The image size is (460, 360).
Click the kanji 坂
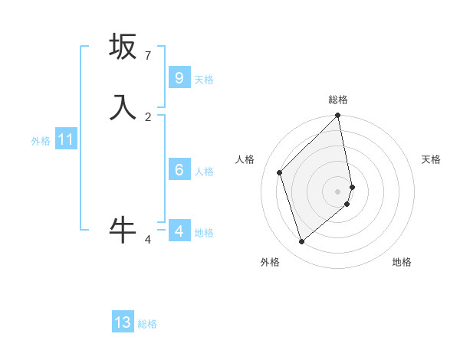123,47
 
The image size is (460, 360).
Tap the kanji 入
123,108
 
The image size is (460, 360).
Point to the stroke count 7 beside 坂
147,55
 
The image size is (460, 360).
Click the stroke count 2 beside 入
147,116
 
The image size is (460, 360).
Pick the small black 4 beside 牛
148,240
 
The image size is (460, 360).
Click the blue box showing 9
179,78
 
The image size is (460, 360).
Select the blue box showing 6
179,170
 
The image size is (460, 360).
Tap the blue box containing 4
179,231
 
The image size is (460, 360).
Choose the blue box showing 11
66,139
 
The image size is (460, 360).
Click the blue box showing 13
123,322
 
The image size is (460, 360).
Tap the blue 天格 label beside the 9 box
204,79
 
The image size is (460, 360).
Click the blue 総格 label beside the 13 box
147,324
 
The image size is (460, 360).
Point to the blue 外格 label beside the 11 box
41,141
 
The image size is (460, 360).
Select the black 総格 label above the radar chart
338,100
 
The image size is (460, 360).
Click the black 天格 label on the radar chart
431,159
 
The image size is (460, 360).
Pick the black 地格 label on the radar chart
402,262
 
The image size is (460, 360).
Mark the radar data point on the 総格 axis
338,116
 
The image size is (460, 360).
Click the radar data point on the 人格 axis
280,172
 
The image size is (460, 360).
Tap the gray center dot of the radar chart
338,191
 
